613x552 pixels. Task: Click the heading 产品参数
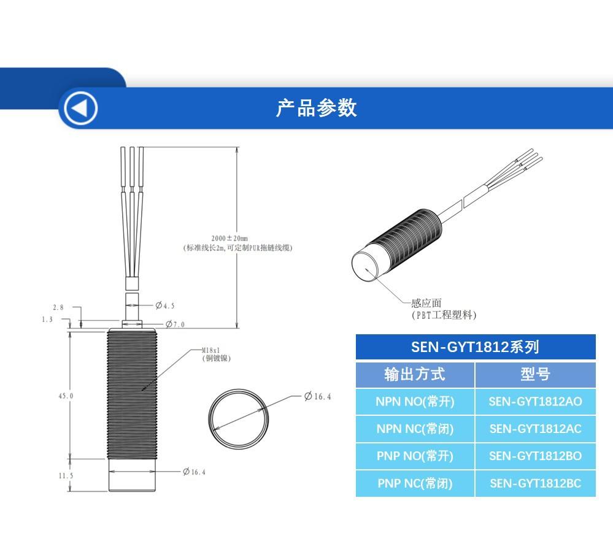coord(316,108)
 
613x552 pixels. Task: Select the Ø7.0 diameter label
coord(175,324)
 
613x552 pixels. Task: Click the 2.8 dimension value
coord(58,307)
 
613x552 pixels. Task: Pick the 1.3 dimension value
coord(47,320)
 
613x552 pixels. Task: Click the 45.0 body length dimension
coord(66,396)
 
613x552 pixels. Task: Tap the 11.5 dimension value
coord(66,476)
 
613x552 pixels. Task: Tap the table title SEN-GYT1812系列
coord(475,347)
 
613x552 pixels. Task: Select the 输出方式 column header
coord(415,374)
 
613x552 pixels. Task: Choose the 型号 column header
coord(535,374)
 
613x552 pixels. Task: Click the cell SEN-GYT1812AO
coord(535,402)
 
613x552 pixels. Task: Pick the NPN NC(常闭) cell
coord(415,429)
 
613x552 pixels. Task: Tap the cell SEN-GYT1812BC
coord(535,483)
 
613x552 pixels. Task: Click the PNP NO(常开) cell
coord(415,456)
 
